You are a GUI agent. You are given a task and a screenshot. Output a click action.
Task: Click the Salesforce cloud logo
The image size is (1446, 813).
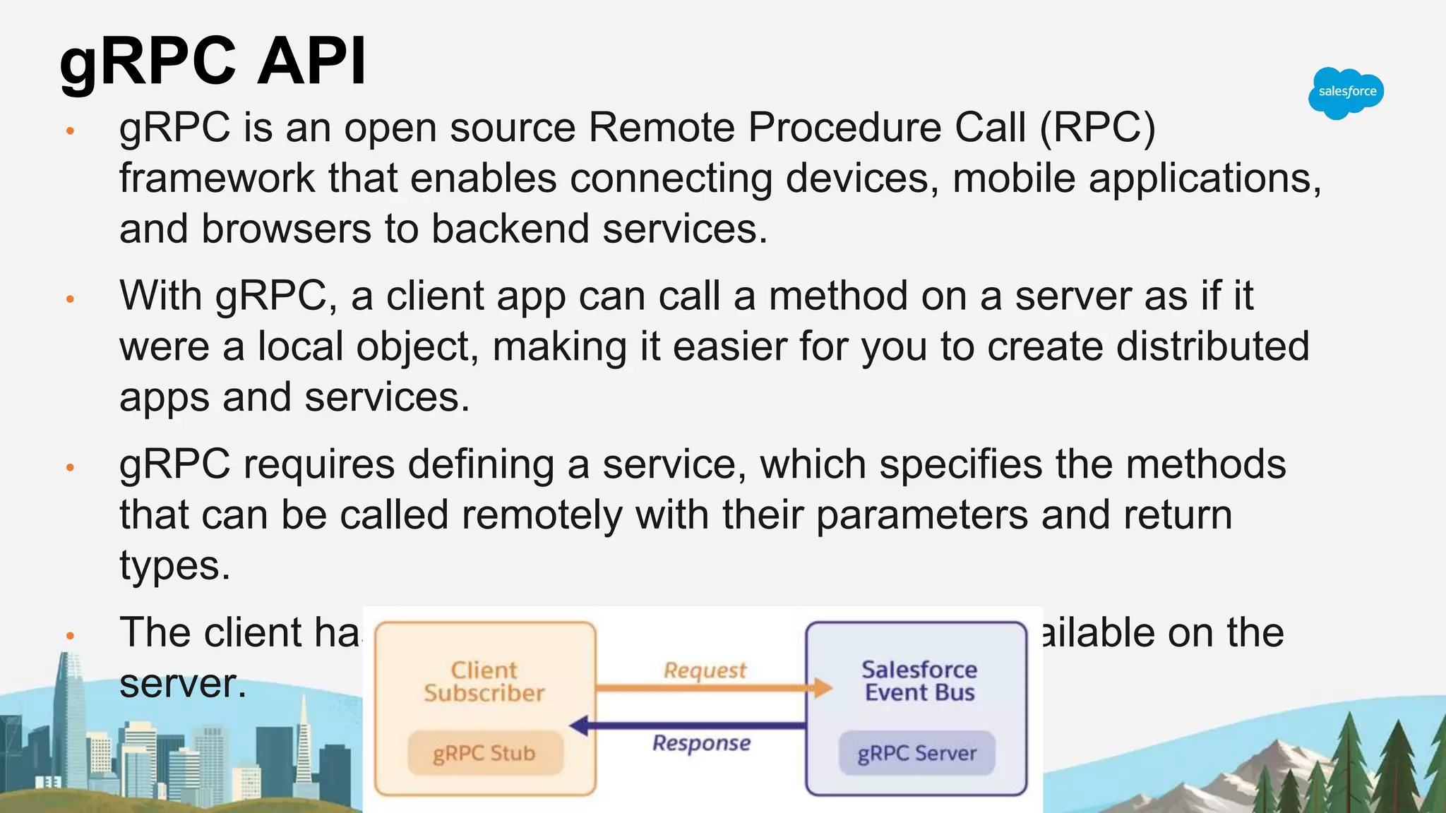pos(1346,92)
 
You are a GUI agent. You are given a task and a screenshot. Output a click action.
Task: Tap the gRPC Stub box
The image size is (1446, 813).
pos(484,753)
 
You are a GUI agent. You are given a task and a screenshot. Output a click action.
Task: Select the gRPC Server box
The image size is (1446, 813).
pos(916,753)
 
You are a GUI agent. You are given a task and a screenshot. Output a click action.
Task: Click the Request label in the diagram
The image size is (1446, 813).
pos(704,670)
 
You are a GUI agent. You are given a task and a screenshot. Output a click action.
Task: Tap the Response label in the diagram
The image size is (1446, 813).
pos(701,743)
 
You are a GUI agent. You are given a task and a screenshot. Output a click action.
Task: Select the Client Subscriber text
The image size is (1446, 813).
pos(484,681)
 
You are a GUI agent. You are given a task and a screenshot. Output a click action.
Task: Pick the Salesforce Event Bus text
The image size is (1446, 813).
pos(919,681)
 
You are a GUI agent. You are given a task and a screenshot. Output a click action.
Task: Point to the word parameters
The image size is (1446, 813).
pos(922,515)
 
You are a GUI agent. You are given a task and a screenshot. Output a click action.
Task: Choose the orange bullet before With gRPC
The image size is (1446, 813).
pos(70,299)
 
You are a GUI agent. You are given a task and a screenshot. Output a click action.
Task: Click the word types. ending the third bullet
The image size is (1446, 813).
pos(174,566)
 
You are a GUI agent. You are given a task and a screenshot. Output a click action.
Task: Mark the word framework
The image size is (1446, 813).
pos(217,179)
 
